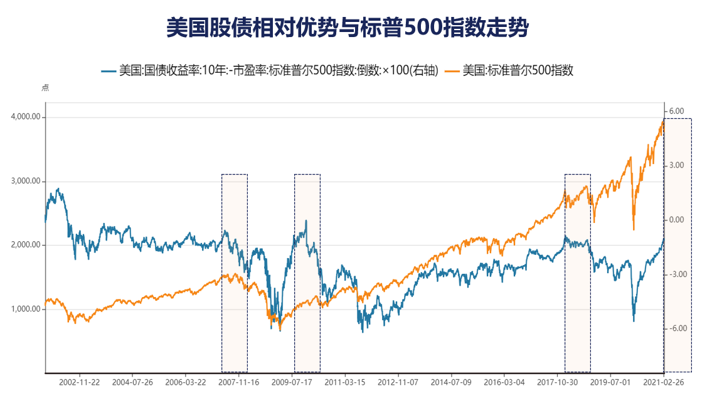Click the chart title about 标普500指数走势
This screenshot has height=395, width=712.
tap(348, 28)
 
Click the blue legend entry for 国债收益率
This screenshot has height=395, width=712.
tap(270, 70)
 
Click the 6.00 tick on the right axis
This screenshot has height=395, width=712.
tap(676, 111)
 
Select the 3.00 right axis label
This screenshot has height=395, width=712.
tap(676, 165)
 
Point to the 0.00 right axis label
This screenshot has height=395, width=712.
tap(676, 220)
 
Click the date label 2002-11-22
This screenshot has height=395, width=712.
tap(80, 381)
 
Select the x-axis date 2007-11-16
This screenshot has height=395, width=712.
tap(239, 381)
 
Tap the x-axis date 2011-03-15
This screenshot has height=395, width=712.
tap(345, 381)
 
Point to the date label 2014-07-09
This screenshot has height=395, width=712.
tap(452, 381)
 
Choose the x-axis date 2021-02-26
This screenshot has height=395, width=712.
tap(664, 381)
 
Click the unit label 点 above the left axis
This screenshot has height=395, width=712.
tap(45, 88)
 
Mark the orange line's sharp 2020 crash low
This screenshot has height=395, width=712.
tap(634, 229)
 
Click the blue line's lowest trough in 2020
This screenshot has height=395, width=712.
tap(634, 321)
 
